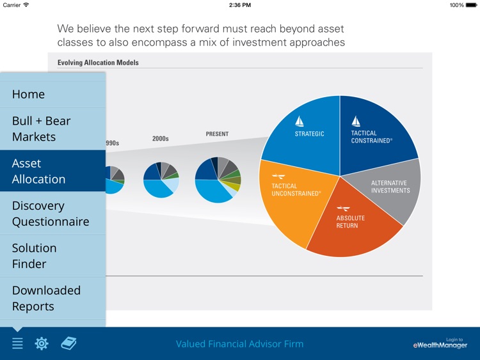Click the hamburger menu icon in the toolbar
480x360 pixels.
(x=17, y=344)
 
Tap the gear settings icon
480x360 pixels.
(x=42, y=344)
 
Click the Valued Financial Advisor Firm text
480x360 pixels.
(x=239, y=344)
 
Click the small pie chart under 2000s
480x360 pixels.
(x=161, y=180)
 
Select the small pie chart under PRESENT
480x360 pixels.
(x=218, y=180)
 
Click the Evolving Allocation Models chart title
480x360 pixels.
(x=98, y=63)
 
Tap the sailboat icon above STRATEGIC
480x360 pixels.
(x=300, y=121)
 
